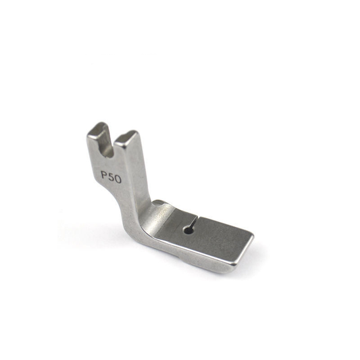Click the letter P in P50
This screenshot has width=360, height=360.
coord(105,176)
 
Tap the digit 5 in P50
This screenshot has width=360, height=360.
coord(111,178)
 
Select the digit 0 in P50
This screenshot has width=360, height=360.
coord(118,179)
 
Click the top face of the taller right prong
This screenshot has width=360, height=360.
coord(126,138)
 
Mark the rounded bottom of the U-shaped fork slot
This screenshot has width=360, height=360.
coord(109,155)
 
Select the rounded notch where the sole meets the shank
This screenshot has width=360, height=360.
coord(159,203)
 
